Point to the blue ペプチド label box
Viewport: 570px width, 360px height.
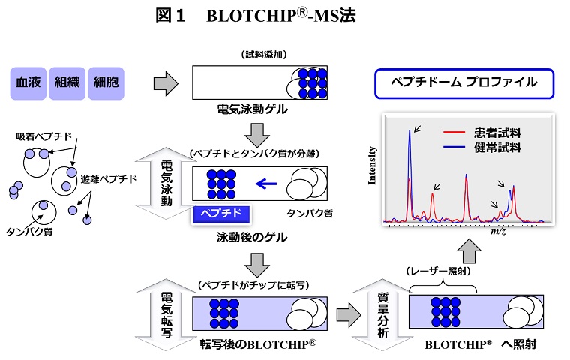click(x=222, y=214)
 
